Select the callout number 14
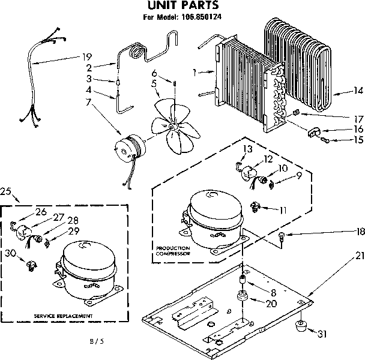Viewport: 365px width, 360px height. (358, 91)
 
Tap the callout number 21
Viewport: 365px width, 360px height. (360, 239)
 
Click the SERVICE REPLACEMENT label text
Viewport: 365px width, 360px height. (63, 315)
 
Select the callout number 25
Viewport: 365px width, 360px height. (6, 191)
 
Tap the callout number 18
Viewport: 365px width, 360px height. (360, 230)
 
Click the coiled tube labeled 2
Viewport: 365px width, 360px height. (134, 50)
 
